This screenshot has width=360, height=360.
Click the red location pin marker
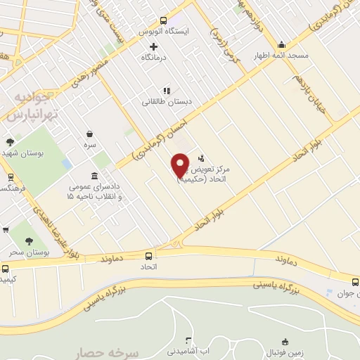point(180,165)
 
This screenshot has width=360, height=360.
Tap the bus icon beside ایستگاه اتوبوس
point(164,20)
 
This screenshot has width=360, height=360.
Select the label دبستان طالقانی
point(167,102)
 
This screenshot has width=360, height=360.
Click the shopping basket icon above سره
point(91,133)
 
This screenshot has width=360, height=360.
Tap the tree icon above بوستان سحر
point(29,241)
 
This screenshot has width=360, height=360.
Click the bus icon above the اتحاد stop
point(148,256)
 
